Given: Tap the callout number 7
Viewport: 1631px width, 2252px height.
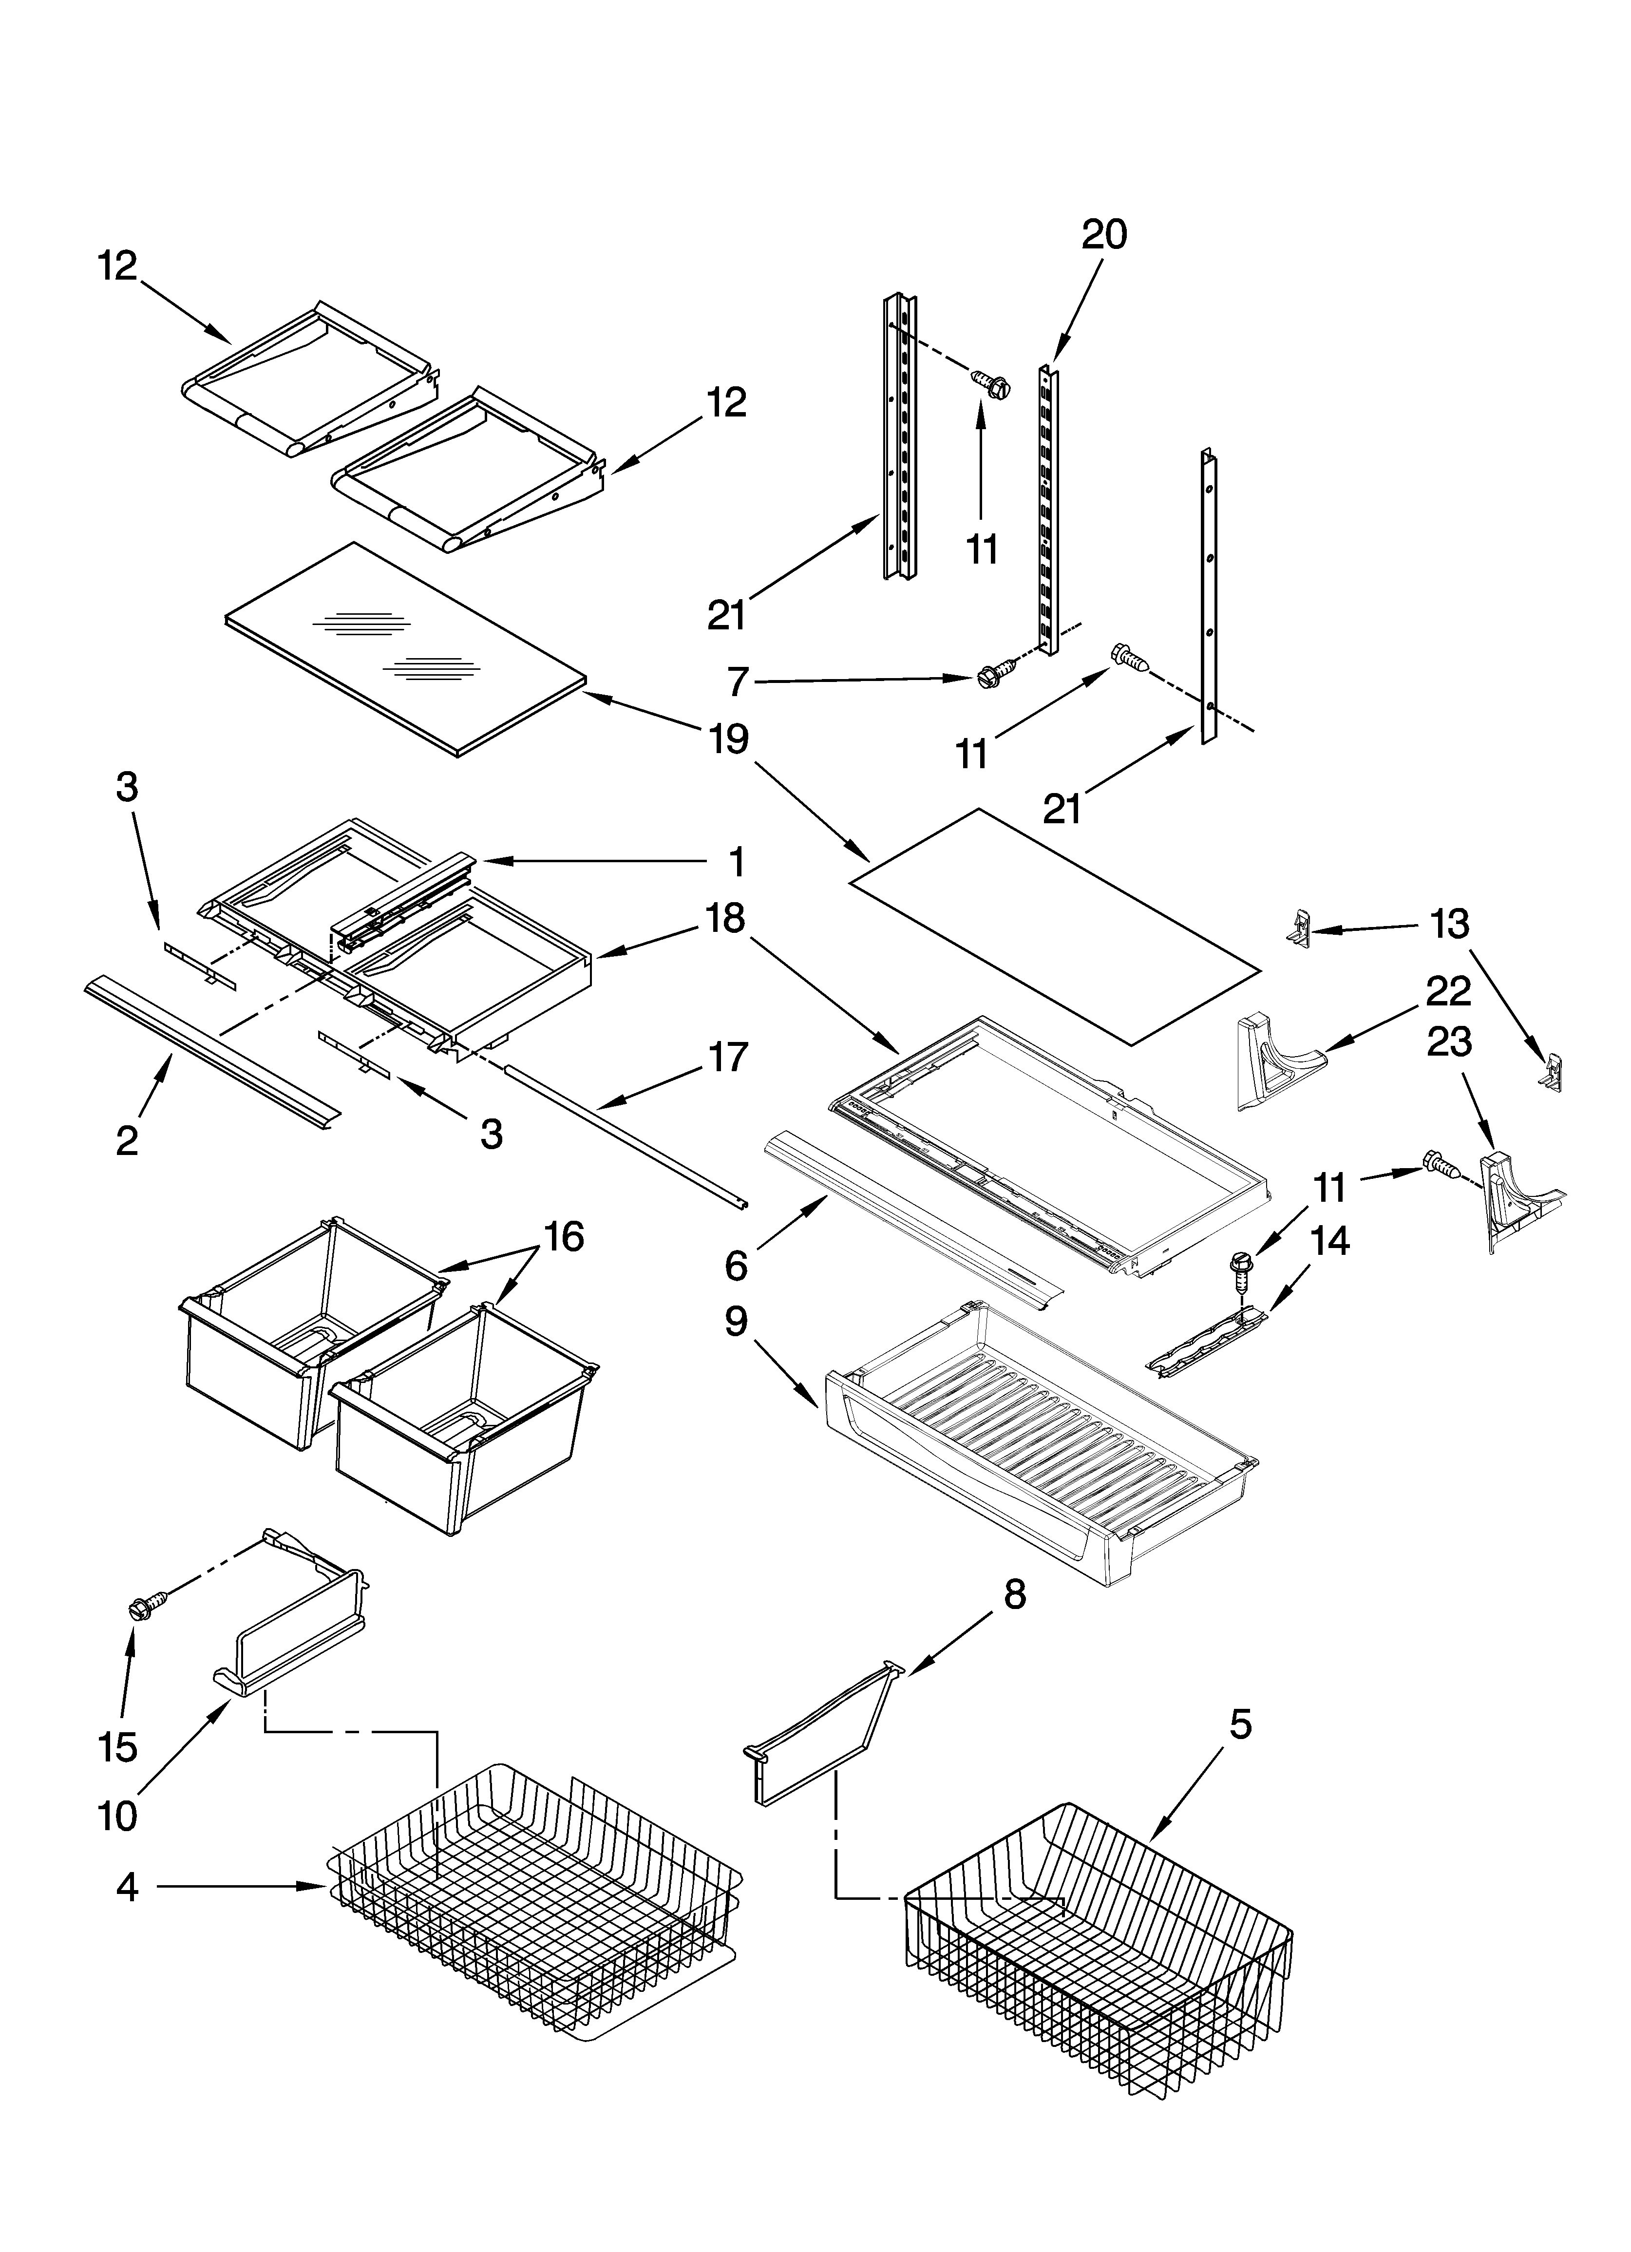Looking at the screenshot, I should point(736,682).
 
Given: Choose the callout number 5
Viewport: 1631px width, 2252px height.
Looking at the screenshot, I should point(1240,1725).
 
